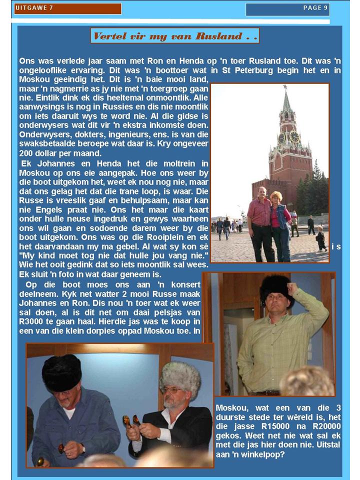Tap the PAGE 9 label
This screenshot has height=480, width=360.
pyautogui.click(x=315, y=7)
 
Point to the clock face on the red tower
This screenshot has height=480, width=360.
pyautogui.click(x=294, y=136)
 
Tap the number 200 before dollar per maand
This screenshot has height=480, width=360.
pyautogui.click(x=26, y=153)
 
